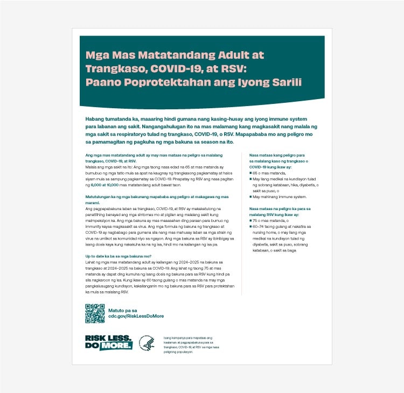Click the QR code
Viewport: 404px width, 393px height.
[x=95, y=313]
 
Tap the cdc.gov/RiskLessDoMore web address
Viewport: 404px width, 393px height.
[x=136, y=317]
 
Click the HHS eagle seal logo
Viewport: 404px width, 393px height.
[x=147, y=343]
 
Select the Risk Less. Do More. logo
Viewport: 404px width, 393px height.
[x=108, y=342]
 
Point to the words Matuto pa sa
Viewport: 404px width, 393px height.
[x=123, y=310]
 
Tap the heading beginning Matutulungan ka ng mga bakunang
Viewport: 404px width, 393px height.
[x=157, y=197]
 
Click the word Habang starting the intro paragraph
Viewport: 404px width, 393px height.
[x=96, y=118]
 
